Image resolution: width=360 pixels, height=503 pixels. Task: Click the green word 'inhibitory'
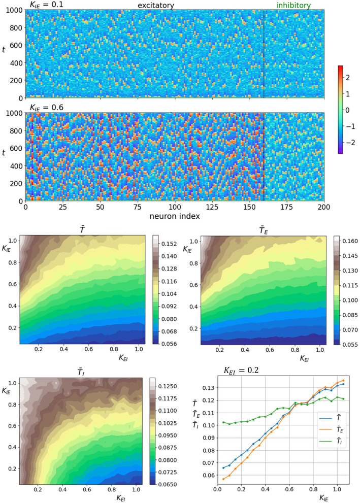[294, 5]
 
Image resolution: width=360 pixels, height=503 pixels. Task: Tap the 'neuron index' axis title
[175, 216]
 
